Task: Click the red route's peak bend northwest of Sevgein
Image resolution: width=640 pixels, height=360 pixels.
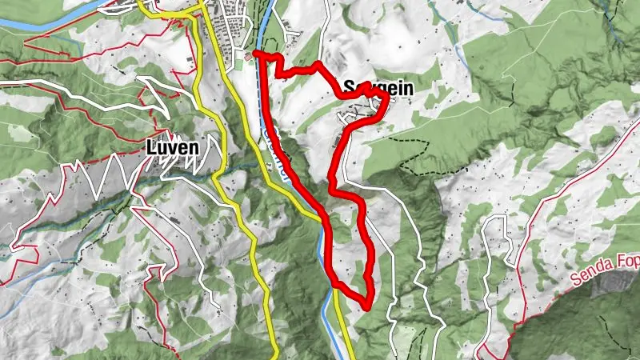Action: (x=318, y=64)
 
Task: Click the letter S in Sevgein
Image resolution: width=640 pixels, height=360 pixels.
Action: (x=349, y=87)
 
